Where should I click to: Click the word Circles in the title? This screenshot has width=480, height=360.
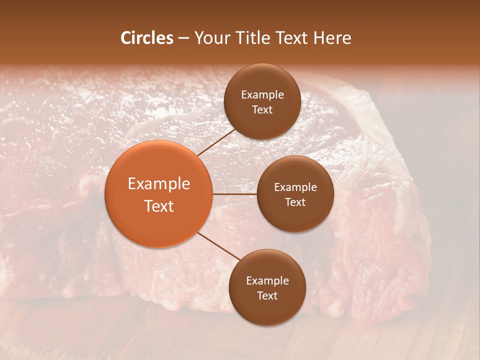(146, 38)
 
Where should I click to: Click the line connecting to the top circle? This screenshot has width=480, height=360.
(217, 142)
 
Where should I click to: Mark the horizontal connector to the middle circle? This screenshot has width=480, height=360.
(234, 193)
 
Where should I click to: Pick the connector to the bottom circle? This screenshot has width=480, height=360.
(219, 246)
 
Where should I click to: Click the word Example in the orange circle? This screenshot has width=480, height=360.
(158, 184)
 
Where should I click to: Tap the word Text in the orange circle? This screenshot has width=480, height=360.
(158, 206)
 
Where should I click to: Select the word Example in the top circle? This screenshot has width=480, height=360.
(262, 95)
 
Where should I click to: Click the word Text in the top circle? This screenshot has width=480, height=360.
(262, 109)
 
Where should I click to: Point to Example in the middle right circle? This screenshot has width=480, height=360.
(295, 187)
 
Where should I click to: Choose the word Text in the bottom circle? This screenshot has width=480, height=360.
(267, 295)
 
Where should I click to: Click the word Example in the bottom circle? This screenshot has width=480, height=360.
(267, 281)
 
